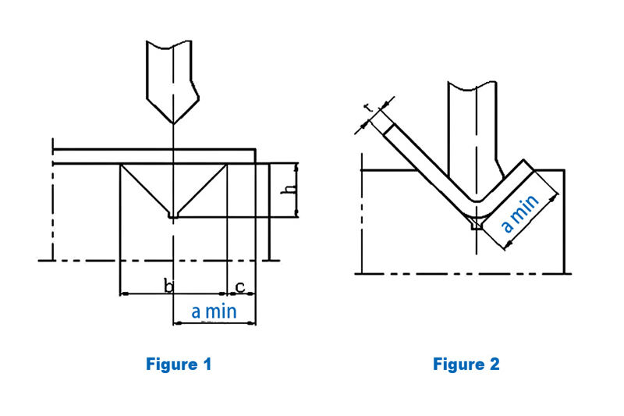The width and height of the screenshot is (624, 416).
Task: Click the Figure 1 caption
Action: click(x=179, y=364)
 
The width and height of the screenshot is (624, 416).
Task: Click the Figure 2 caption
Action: click(x=466, y=364)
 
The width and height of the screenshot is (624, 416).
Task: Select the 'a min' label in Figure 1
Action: click(x=214, y=311)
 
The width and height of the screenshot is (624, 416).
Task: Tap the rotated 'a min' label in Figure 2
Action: click(x=519, y=214)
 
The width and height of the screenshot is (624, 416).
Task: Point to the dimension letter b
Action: click(x=168, y=286)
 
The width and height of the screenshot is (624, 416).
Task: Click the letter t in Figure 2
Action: click(x=369, y=110)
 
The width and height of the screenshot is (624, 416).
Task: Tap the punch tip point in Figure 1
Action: click(x=172, y=123)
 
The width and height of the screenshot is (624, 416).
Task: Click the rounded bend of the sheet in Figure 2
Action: click(x=473, y=206)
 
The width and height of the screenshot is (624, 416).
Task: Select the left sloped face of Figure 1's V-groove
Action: click(x=145, y=190)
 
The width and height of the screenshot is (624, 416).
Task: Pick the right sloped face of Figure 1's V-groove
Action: click(x=200, y=190)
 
